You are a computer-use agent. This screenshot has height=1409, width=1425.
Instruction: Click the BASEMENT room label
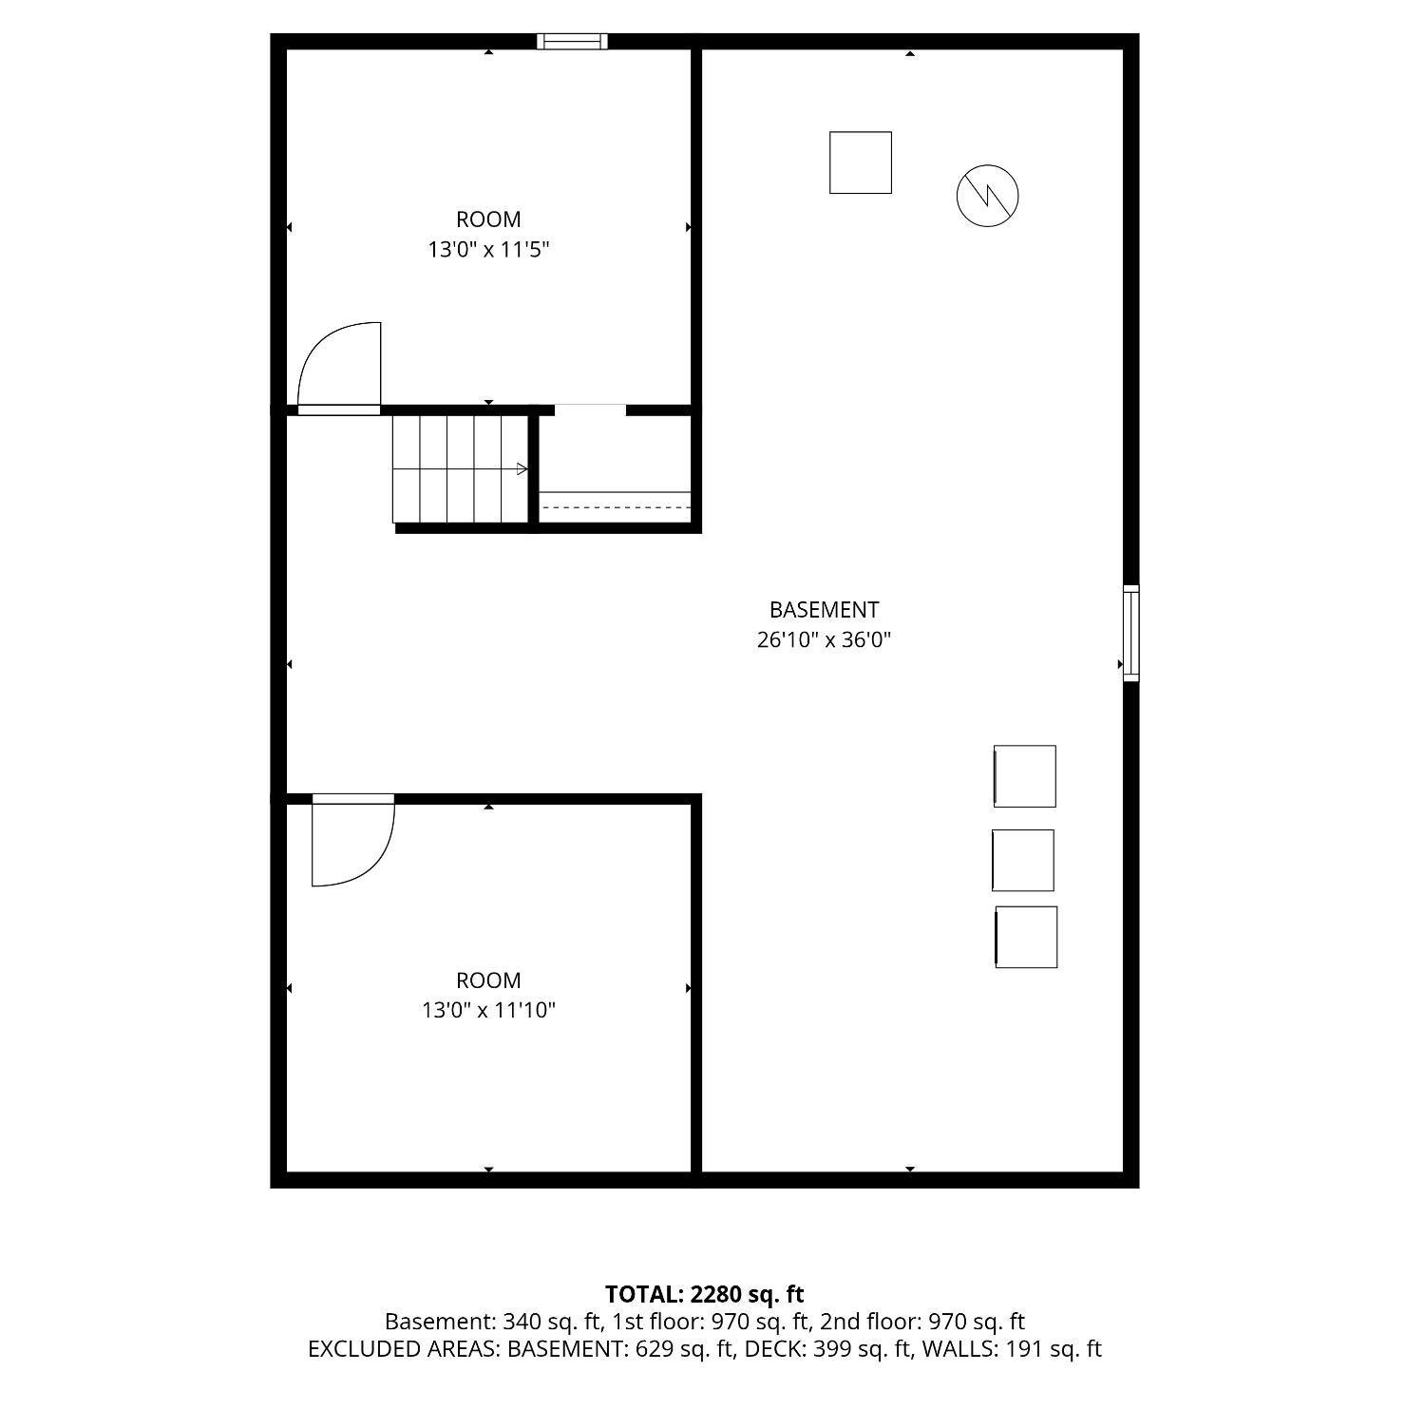[x=824, y=609]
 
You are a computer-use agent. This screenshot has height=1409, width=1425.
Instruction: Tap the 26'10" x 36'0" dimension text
[x=824, y=639]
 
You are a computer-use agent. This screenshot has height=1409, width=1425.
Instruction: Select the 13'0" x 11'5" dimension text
[x=488, y=250]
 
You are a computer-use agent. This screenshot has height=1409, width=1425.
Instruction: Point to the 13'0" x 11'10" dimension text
[x=488, y=1010]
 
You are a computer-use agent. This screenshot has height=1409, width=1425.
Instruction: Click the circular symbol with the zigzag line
[x=987, y=196]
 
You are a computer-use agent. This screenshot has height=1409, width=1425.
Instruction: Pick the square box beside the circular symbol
[x=861, y=162]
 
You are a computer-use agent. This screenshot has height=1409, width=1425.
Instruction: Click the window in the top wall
[x=572, y=41]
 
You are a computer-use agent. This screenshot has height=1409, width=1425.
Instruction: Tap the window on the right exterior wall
[x=1130, y=633]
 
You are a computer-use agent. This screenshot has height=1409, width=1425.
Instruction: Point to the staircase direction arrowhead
[x=522, y=468]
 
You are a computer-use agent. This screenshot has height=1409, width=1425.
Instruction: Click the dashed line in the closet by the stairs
[x=616, y=507]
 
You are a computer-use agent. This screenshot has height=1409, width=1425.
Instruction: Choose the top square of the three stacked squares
[x=1024, y=776]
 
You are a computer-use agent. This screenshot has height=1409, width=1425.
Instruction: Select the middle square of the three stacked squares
[x=1023, y=860]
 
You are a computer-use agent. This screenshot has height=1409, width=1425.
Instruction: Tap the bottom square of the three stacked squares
[x=1026, y=937]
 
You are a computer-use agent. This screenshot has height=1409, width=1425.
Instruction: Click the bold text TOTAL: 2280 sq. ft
[x=705, y=1294]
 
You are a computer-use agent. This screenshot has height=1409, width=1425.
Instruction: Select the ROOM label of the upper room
[x=488, y=219]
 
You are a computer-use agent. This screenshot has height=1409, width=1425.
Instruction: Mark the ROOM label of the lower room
[x=488, y=980]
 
